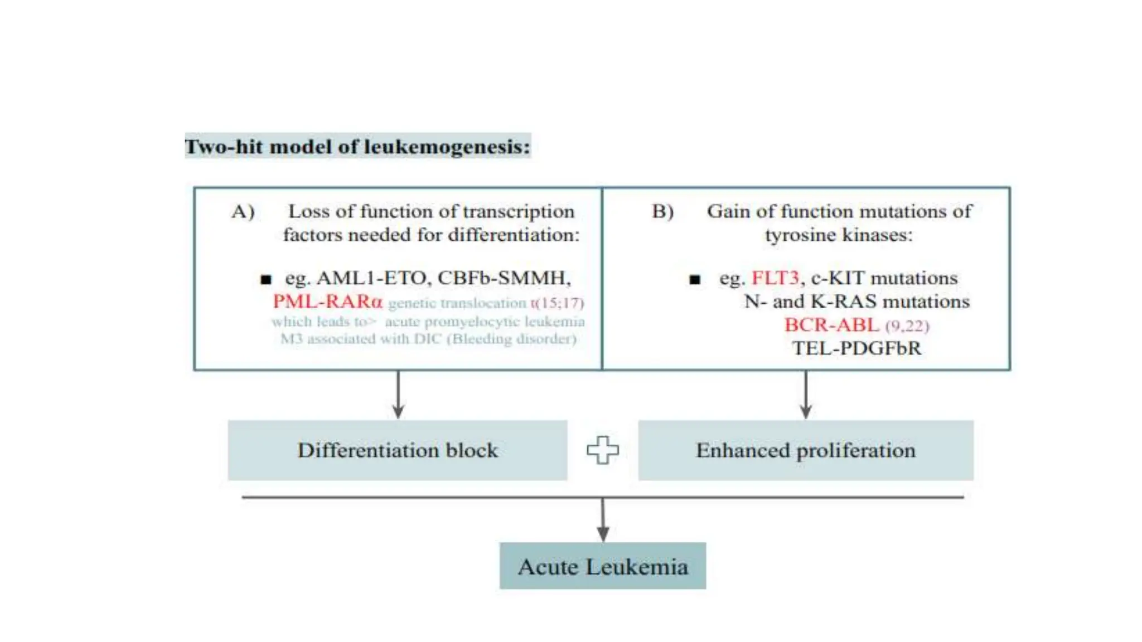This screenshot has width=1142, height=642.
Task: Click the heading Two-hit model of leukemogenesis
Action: [357, 147]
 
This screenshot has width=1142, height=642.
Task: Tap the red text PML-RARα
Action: [327, 301]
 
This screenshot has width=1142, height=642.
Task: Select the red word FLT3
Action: [775, 278]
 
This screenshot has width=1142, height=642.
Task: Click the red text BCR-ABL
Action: [831, 324]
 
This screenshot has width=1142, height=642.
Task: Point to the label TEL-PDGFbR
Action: [856, 348]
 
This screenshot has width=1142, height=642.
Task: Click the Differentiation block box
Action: [397, 450]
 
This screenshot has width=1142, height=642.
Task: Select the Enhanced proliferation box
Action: [805, 450]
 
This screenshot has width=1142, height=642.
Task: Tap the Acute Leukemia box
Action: [602, 566]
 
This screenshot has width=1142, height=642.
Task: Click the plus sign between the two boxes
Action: [603, 450]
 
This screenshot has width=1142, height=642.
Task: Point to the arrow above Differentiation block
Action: [398, 395]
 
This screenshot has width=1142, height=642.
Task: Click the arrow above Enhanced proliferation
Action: [805, 395]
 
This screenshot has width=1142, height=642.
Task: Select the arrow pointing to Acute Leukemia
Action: [602, 519]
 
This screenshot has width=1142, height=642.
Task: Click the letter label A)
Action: [243, 212]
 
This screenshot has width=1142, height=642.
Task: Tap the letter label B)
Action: [663, 212]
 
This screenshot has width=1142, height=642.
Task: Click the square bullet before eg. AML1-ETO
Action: [266, 279]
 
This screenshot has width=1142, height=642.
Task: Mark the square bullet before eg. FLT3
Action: [694, 279]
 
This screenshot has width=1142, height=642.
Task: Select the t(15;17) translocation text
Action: [557, 303]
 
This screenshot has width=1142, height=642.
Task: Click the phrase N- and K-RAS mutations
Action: [856, 301]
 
